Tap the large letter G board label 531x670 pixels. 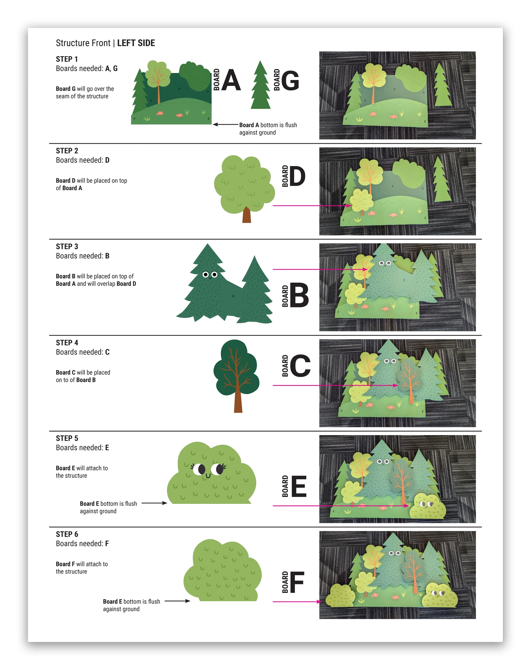pos(290,80)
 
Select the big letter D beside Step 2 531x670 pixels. pos(298,176)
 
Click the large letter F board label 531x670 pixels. pos(297,582)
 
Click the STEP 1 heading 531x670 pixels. pos(67,59)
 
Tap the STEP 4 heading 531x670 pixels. pos(67,343)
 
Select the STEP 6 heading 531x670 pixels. pos(67,534)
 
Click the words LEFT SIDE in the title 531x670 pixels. pos(136,43)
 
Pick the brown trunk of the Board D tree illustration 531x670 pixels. pos(247,215)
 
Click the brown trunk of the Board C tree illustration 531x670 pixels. pos(238,401)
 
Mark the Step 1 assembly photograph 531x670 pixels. pos(397,95)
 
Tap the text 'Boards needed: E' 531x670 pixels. pos(82,448)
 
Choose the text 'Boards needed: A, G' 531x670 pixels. pos(87,69)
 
